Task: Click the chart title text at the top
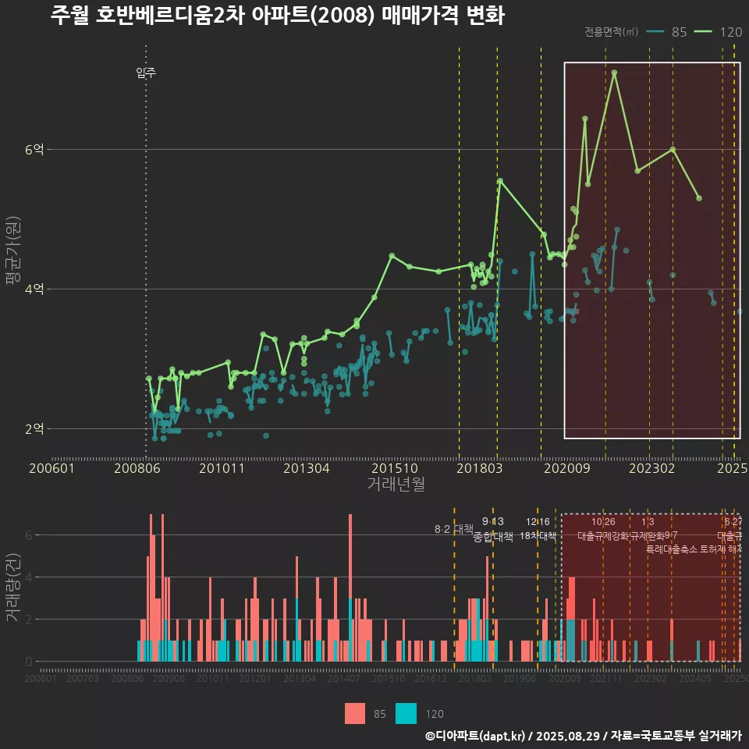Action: click(x=277, y=16)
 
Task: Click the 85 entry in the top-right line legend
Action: click(x=678, y=32)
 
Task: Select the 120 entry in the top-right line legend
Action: click(x=730, y=32)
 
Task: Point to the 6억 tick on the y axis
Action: click(x=34, y=149)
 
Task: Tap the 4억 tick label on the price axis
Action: click(x=34, y=289)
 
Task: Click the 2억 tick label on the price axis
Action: click(x=34, y=428)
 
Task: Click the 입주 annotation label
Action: click(x=146, y=73)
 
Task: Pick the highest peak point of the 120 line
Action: click(x=615, y=73)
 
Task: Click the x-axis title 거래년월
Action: click(x=396, y=485)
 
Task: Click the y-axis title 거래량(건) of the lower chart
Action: click(x=12, y=587)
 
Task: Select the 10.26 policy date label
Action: click(x=603, y=522)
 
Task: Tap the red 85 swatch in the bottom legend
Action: click(x=355, y=713)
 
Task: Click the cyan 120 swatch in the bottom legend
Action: click(x=406, y=713)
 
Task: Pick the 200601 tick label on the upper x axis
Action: click(x=51, y=469)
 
